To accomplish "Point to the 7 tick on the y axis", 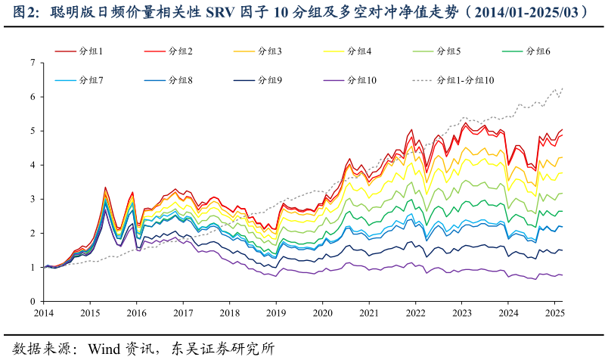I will pyautogui.click(x=32, y=63).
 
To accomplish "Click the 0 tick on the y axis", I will pyautogui.click(x=32, y=301).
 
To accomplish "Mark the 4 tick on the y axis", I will pyautogui.click(x=32, y=165).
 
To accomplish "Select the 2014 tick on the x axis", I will pyautogui.click(x=43, y=312).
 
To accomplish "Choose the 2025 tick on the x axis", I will pyautogui.click(x=554, y=312).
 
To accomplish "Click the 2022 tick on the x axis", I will pyautogui.click(x=415, y=312).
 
